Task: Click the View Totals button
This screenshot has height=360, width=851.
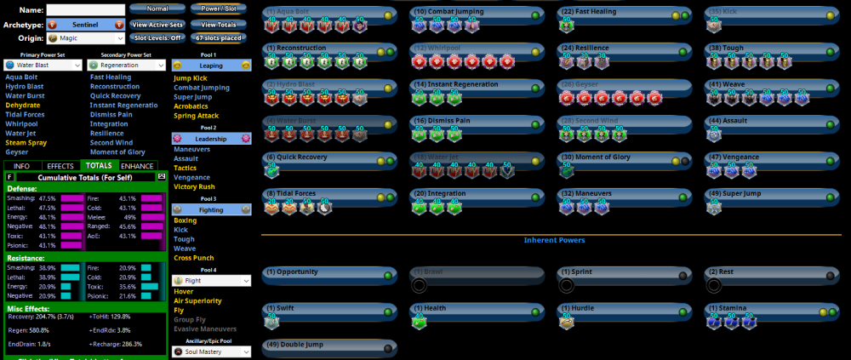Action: [x=220, y=24]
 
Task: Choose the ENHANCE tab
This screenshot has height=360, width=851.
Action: [x=138, y=165]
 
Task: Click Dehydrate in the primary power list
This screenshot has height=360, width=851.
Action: [x=22, y=106]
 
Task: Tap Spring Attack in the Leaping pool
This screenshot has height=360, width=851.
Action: [x=197, y=115]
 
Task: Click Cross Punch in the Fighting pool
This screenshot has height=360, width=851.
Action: [x=194, y=257]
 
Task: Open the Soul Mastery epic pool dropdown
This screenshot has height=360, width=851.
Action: [x=212, y=351]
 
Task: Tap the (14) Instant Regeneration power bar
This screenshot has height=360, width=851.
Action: [x=476, y=86]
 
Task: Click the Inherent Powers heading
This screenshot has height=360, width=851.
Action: [x=553, y=241]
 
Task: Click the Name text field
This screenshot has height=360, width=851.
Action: [x=85, y=9]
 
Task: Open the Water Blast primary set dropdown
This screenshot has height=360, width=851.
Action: [x=43, y=65]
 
